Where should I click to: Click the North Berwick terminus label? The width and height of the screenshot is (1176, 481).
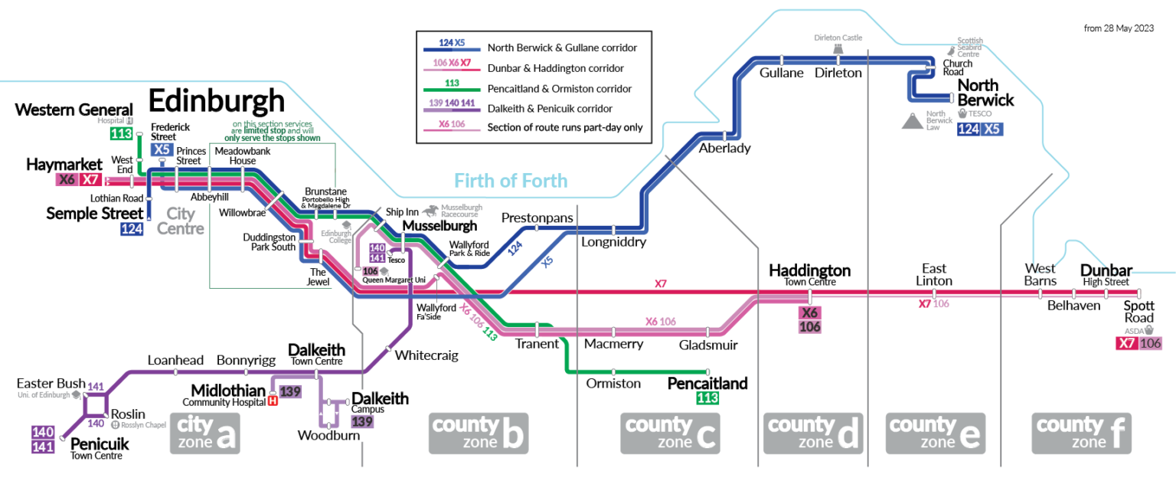click(985, 92)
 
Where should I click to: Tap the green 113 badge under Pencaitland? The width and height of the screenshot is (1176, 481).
click(707, 398)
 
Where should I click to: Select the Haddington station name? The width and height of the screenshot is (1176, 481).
click(809, 270)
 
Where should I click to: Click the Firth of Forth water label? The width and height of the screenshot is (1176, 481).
click(511, 181)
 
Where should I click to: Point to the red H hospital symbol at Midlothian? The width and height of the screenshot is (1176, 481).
click(272, 399)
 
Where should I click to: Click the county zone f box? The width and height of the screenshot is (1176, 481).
click(1080, 433)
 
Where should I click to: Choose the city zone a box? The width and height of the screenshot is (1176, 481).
click(204, 433)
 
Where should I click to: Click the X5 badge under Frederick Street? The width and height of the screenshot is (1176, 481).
click(162, 150)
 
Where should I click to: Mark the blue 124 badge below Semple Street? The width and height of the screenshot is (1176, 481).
click(132, 228)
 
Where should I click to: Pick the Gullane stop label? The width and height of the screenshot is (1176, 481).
click(782, 73)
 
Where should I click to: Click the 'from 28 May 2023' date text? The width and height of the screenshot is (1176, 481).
click(1119, 28)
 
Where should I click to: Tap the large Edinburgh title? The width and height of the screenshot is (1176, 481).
click(216, 101)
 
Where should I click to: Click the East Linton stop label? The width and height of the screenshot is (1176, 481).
click(934, 274)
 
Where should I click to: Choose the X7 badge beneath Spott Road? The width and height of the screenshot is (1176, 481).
click(1125, 343)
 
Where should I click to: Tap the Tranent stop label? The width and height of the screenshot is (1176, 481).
click(537, 344)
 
